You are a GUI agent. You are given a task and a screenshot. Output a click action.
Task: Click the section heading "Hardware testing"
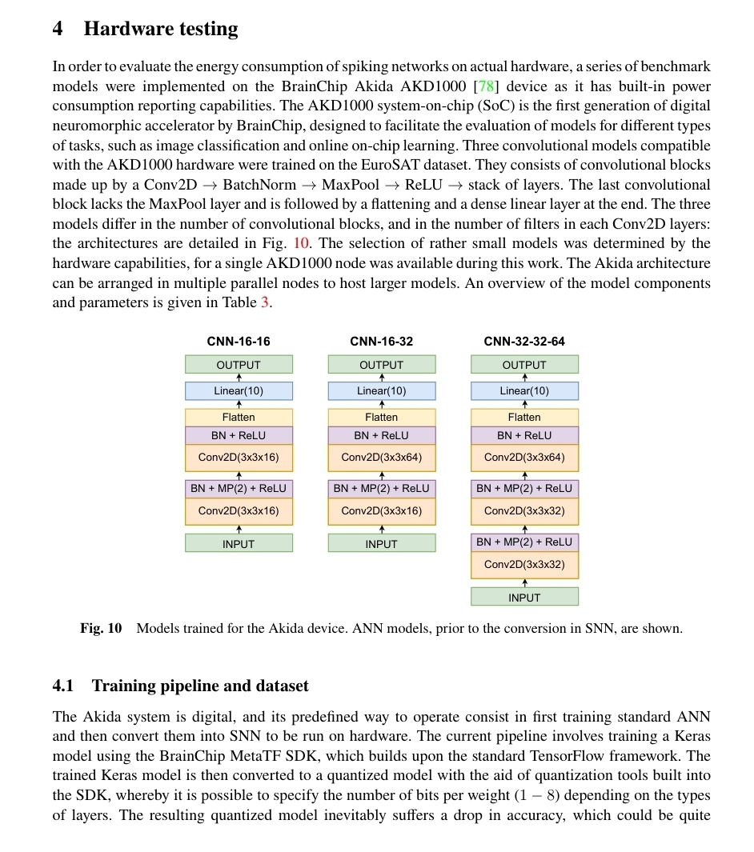click(x=161, y=30)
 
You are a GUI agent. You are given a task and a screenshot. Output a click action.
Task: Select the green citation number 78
click(x=486, y=86)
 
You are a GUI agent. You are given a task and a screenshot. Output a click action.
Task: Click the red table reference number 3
click(x=265, y=302)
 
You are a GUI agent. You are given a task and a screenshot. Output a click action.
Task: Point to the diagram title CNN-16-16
click(x=239, y=342)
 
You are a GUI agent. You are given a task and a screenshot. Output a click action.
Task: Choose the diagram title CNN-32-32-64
click(x=524, y=342)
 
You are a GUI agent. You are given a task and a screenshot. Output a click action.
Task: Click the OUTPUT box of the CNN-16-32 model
click(x=382, y=365)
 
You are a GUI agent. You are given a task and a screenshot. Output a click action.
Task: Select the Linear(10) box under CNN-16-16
click(x=239, y=391)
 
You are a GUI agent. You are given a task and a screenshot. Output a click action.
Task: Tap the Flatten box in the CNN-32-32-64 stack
click(x=524, y=417)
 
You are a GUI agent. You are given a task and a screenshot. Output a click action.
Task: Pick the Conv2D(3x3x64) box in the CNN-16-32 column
click(x=382, y=458)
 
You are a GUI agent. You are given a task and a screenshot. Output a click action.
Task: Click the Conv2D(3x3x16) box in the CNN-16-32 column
click(x=382, y=511)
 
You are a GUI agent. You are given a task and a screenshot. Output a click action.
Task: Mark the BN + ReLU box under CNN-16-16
click(x=239, y=435)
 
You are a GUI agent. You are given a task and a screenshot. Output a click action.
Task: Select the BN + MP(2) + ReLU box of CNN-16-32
click(x=382, y=488)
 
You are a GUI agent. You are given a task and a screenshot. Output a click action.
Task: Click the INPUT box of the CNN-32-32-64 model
click(x=524, y=598)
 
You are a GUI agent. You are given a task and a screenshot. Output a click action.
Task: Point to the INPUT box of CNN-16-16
click(x=239, y=544)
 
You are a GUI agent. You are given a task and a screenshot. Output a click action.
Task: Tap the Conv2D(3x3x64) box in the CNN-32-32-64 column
click(x=524, y=458)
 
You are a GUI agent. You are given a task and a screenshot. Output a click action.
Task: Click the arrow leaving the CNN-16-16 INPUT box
click(x=239, y=529)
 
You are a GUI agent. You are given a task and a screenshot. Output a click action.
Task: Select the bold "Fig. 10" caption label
click(x=101, y=629)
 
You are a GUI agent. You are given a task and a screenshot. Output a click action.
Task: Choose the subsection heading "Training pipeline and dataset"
click(x=200, y=686)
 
